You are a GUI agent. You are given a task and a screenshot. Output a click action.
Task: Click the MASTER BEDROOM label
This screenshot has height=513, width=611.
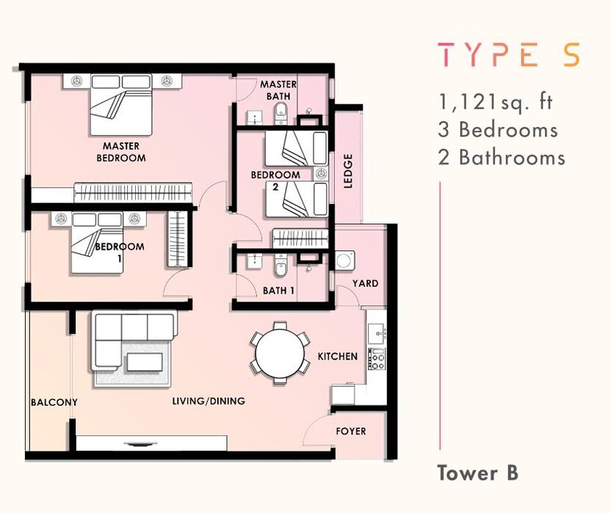(120, 152)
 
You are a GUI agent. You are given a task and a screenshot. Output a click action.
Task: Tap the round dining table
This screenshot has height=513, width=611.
(280, 354)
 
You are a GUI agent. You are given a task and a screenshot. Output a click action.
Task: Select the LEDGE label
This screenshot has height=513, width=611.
(348, 171)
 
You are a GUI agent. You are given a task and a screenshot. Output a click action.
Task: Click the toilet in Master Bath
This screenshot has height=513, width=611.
(280, 113)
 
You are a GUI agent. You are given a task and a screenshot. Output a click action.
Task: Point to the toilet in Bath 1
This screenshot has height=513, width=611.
(280, 266)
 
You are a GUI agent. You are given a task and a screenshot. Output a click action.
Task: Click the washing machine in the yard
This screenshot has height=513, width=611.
(345, 261)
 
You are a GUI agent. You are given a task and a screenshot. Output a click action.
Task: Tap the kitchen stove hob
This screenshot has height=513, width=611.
(377, 359)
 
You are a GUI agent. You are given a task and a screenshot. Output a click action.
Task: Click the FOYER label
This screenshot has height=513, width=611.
(351, 432)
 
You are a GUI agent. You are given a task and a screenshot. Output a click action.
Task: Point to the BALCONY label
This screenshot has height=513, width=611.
(54, 402)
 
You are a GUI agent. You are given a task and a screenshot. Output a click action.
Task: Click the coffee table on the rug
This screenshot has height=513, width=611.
(144, 363)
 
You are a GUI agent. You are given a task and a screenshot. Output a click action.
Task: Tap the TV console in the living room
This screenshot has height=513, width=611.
(151, 443)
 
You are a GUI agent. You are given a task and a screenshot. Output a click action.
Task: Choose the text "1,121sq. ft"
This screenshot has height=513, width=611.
(496, 102)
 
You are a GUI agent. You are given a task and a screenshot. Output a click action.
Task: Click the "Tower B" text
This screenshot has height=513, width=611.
(478, 473)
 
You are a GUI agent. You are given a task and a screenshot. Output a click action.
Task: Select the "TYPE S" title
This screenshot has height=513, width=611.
(509, 54)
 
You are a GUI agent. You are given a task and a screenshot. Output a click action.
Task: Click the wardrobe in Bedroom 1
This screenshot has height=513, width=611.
(178, 239)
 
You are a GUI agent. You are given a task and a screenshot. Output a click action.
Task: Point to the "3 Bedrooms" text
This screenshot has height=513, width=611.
(498, 130)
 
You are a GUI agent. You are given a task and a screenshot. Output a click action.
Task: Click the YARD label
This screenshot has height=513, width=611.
(365, 283)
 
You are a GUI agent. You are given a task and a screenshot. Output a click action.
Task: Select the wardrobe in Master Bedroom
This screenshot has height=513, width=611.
(133, 192)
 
